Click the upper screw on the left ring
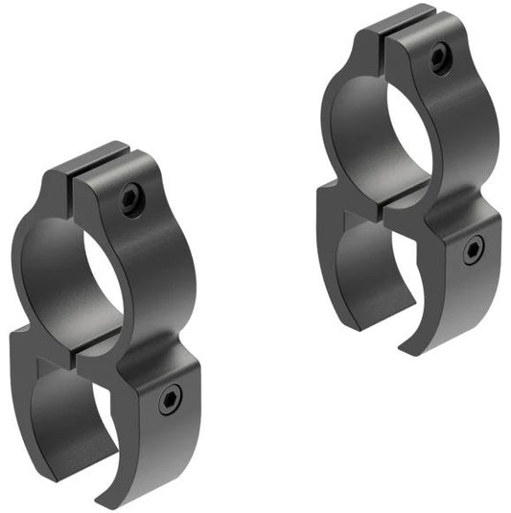(x=129, y=198)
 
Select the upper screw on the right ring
(x=439, y=58)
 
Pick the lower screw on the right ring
(x=474, y=251)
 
